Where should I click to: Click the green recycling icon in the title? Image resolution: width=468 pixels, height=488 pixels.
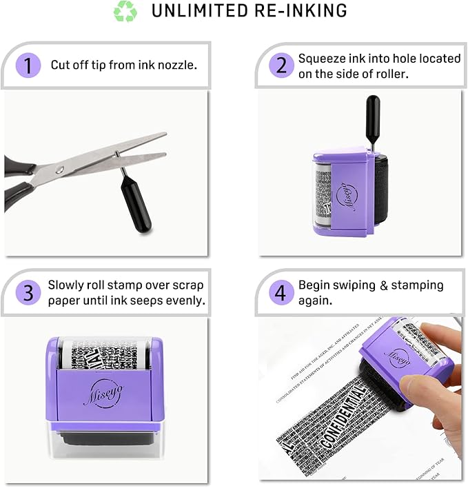[x=125, y=12]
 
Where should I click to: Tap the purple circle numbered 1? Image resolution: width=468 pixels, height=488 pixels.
[x=28, y=66]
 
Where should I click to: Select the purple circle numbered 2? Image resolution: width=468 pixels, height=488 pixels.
[x=281, y=66]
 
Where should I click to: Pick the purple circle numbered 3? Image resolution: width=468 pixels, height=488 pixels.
[x=28, y=292]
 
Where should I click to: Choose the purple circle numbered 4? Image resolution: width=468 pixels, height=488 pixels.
[x=281, y=292]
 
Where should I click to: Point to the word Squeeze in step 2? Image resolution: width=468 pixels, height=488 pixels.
[x=321, y=59]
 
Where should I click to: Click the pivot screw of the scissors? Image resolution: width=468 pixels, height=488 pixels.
[x=60, y=170]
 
